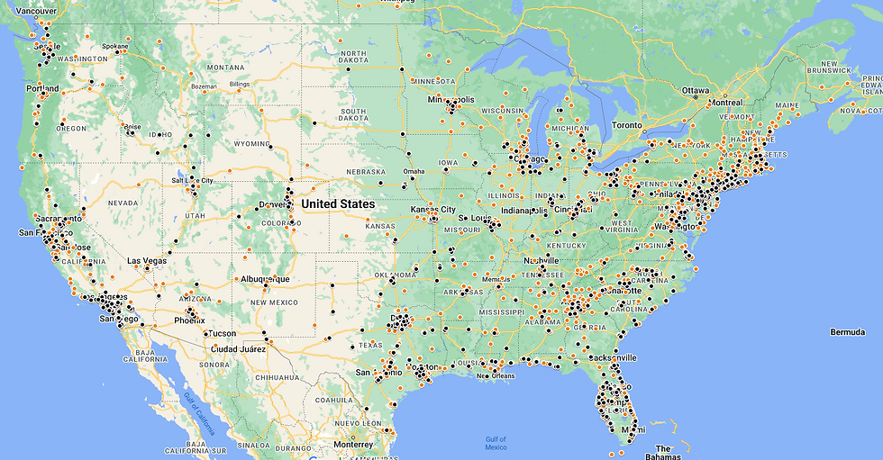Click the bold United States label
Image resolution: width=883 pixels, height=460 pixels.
338,204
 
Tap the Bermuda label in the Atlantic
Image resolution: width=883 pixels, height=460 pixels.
848,332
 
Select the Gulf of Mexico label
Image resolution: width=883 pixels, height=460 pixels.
495,443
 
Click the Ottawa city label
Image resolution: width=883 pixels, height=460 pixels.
696,91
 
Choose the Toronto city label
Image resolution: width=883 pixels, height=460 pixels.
627,125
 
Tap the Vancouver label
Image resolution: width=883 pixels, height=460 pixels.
37,11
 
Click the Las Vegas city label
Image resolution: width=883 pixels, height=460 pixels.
146,261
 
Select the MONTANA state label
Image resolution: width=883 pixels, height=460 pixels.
225,68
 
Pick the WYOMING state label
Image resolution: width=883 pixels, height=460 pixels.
245,144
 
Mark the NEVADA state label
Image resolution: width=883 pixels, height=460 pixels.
123,203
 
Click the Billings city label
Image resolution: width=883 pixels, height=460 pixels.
239,84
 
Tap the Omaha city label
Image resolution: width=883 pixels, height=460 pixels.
414,171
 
